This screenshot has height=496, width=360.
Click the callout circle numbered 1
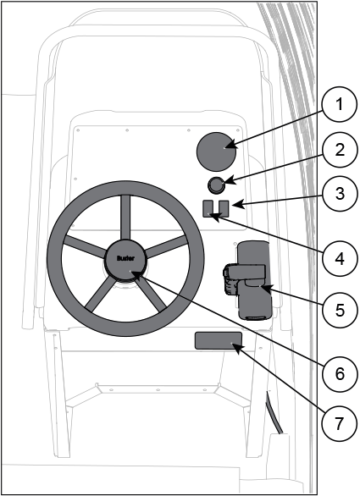pos(339,104)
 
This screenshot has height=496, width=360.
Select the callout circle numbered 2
pos(339,149)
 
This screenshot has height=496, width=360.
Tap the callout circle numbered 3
pos(339,193)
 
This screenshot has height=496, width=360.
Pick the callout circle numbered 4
pos(339,259)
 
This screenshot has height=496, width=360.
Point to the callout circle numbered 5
pos(339,310)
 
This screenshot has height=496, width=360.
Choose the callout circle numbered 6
pos(339,373)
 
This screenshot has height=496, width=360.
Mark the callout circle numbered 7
pos(339,423)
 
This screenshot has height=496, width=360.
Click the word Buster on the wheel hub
pos(125,258)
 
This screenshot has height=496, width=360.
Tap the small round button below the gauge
pos(217,185)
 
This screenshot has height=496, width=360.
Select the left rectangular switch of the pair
pos(208,208)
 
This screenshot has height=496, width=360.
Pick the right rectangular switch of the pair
pos(224,207)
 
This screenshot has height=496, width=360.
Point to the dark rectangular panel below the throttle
pos(219,340)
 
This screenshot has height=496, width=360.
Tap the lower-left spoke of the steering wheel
pos(98,294)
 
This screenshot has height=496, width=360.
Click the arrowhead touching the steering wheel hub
pos(136,276)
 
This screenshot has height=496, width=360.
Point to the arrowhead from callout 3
pos(238,204)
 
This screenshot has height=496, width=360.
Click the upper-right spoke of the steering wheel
pos(167,246)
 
